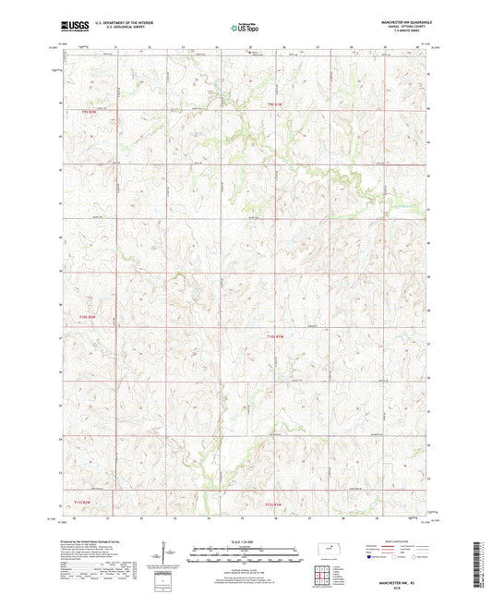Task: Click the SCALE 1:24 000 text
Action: tap(246, 541)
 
